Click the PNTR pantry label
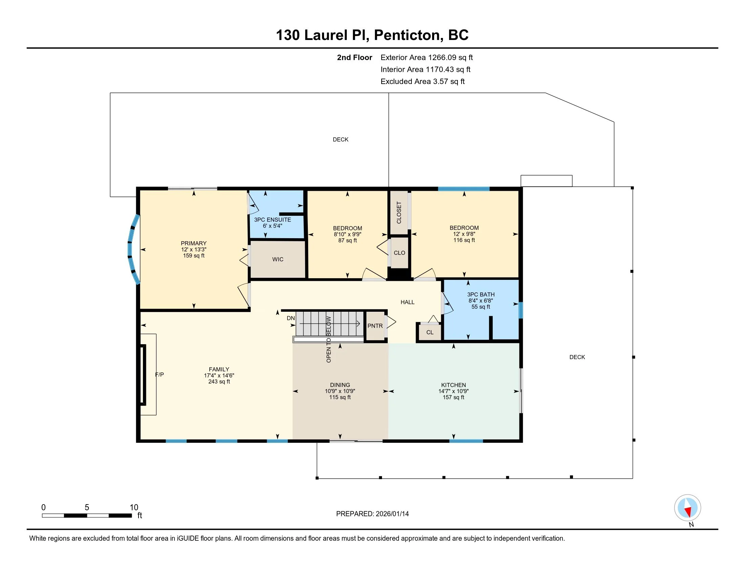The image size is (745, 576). coord(375,326)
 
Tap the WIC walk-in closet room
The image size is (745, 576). coord(278,259)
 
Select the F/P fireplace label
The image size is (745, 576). coord(159,374)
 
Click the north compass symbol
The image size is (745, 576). coord(687,508)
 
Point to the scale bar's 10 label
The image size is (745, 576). coord(134,508)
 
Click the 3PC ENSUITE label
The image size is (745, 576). coord(272,220)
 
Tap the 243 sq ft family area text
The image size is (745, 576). coord(219,382)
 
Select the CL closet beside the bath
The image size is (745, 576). coord(430,332)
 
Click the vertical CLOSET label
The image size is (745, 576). coord(399,212)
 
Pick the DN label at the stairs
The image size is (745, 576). coord(291,318)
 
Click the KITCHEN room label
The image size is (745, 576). coord(453,385)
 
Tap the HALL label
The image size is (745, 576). coord(407,302)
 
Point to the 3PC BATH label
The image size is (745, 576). coord(481,294)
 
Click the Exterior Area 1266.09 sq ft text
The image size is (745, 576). coord(427,57)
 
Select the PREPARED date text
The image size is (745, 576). coord(372,514)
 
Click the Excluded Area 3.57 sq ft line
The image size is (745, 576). coord(423,81)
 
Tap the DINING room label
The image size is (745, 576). coord(340,385)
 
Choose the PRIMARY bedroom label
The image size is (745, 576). coord(193,243)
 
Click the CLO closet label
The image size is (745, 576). coord(400,253)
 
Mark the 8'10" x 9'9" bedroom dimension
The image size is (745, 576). coord(347,234)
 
